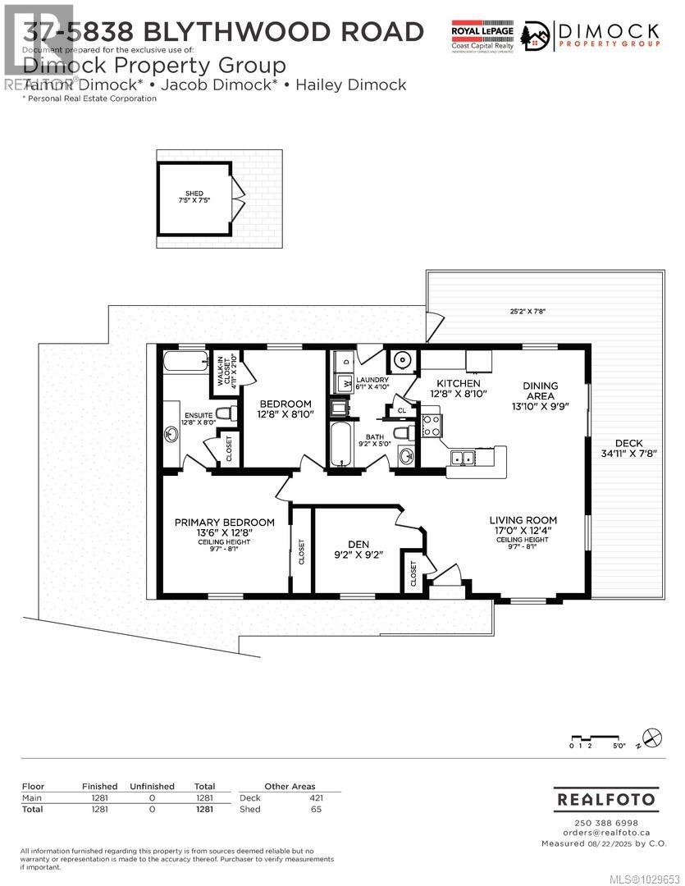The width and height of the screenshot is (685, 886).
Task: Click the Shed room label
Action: pyautogui.click(x=194, y=194)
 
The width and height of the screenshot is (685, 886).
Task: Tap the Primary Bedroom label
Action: pyautogui.click(x=224, y=523)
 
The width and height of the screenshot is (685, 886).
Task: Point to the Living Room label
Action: pyautogui.click(x=523, y=520)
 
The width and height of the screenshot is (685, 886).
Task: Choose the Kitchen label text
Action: pyautogui.click(x=458, y=384)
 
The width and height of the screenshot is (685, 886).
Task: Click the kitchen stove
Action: pyautogui.click(x=432, y=424)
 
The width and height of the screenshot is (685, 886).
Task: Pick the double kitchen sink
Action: pyautogui.click(x=463, y=459)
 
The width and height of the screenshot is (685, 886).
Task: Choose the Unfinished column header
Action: pyautogui.click(x=152, y=786)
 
